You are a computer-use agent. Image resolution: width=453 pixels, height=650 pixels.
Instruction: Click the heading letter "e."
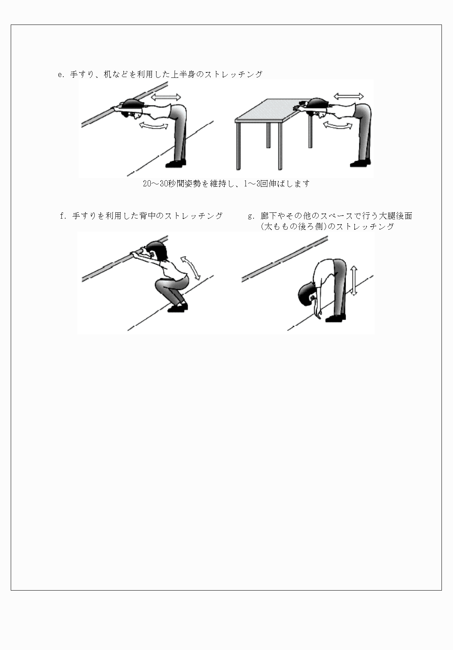pyautogui.click(x=61, y=75)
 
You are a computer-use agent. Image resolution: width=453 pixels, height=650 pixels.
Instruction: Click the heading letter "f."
pyautogui.click(x=64, y=216)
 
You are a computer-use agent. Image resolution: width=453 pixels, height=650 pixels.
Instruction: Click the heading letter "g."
pyautogui.click(x=252, y=216)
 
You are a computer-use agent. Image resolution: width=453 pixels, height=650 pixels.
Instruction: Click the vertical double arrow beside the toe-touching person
pyautogui.click(x=354, y=281)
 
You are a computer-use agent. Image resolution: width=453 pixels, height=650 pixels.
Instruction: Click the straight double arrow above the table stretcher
pyautogui.click(x=348, y=96)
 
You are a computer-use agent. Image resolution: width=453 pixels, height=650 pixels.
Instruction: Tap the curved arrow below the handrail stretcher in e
pyautogui.click(x=153, y=125)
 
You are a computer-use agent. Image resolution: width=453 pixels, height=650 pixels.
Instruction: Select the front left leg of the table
pyautogui.click(x=239, y=146)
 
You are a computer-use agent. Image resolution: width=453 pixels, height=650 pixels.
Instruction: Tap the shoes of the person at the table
pyautogui.click(x=360, y=163)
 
